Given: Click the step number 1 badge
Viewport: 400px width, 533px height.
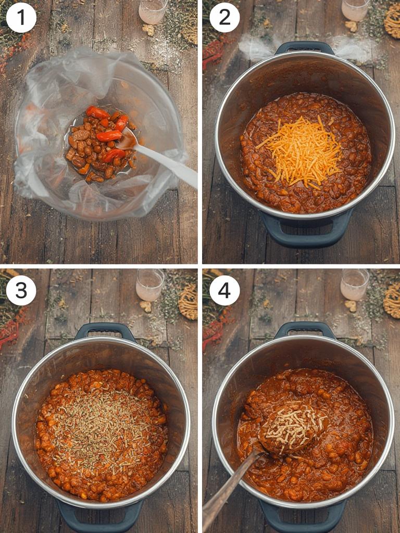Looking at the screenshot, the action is [21, 18].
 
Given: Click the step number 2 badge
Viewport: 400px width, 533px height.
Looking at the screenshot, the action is [224, 18].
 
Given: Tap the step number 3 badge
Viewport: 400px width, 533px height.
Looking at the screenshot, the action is [21, 290].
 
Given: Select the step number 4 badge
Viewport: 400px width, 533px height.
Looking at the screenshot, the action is [224, 290].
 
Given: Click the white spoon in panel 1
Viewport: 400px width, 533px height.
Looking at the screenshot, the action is [160, 158].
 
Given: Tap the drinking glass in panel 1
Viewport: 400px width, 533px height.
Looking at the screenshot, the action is [153, 11].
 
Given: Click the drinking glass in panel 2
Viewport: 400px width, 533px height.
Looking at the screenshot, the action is [356, 9].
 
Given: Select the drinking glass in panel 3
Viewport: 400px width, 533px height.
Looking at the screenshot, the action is [150, 285].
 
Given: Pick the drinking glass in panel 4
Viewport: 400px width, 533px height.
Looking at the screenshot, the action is [355, 285].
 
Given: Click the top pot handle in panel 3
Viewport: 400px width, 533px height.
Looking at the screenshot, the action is [105, 329].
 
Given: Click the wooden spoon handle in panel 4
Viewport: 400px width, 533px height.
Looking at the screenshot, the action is [231, 489].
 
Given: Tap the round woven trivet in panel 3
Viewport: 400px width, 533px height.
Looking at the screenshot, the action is [188, 301].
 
